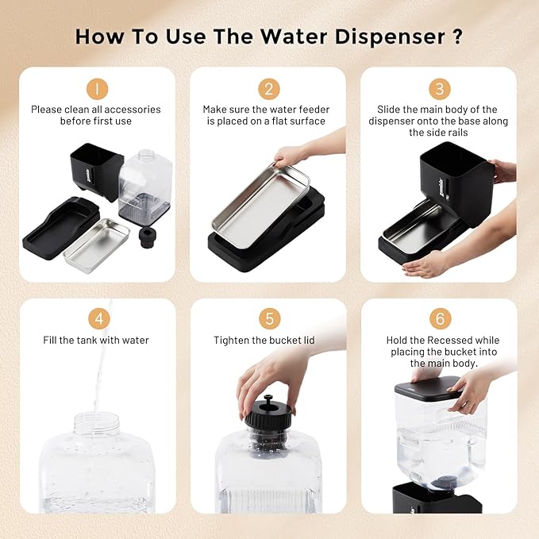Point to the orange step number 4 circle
(97, 318)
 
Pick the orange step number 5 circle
(268, 318)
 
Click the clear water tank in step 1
(146, 183)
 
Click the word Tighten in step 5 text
(232, 340)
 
